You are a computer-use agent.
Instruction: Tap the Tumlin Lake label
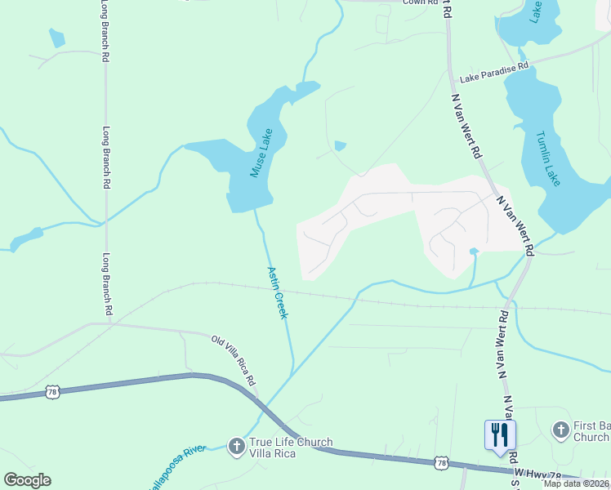(548, 158)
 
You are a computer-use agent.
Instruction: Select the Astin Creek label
(278, 292)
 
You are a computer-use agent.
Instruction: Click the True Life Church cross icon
(236, 446)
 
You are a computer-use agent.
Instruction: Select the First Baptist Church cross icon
(560, 430)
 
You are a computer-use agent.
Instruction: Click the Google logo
(27, 480)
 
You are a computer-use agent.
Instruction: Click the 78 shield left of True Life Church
(52, 392)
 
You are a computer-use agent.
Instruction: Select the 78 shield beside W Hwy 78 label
(441, 463)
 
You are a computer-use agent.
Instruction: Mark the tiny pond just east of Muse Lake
(340, 146)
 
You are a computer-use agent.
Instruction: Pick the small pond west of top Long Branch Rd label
(56, 38)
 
